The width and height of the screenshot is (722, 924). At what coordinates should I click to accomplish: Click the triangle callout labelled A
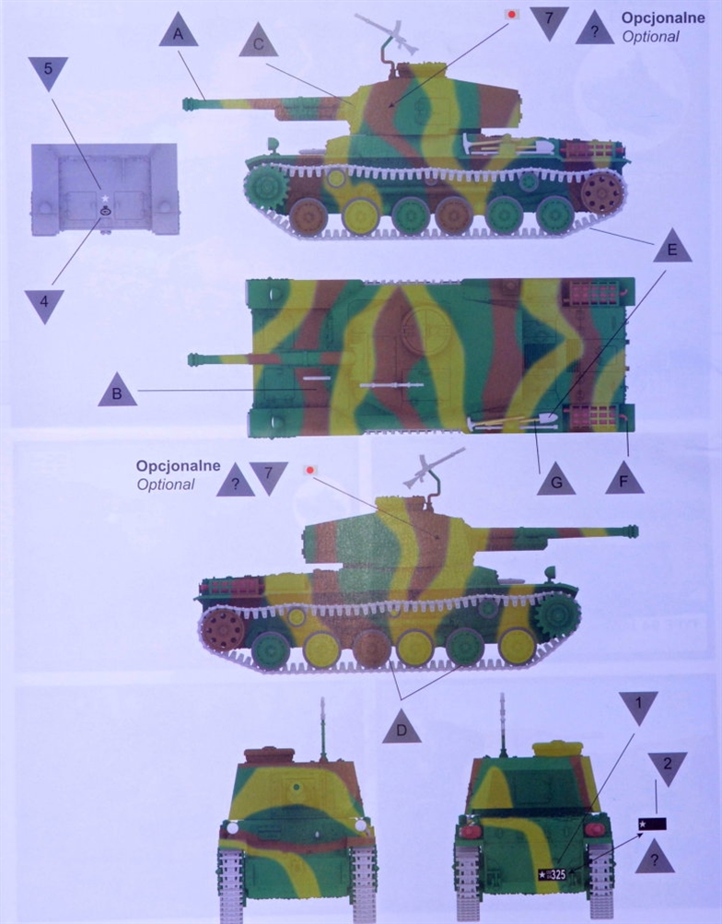179,32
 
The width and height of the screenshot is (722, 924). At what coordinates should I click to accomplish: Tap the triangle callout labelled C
259,41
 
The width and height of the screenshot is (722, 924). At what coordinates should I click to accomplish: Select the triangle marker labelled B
117,391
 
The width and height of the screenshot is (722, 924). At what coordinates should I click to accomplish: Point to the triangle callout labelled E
672,247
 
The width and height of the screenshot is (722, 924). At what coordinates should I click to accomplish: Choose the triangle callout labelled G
556,480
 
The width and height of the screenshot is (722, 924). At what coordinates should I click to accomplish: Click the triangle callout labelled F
624,479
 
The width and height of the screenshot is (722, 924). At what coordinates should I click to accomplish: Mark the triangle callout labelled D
402,728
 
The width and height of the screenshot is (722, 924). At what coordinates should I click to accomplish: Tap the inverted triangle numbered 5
48,72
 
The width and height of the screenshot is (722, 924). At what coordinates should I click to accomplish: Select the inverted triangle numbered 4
44,305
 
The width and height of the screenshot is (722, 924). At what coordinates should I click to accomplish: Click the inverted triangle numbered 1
638,706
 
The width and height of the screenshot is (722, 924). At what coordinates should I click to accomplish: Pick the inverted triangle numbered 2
668,767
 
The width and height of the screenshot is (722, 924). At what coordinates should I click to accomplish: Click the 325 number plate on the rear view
553,874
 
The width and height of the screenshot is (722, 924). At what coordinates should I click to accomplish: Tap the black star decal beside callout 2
652,824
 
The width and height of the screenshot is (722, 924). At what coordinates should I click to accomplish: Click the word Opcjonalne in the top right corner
663,18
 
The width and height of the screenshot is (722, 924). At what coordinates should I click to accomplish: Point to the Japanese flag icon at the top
512,14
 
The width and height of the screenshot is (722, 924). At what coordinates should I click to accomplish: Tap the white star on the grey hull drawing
105,199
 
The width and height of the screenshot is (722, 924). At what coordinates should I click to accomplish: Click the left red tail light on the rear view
470,830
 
